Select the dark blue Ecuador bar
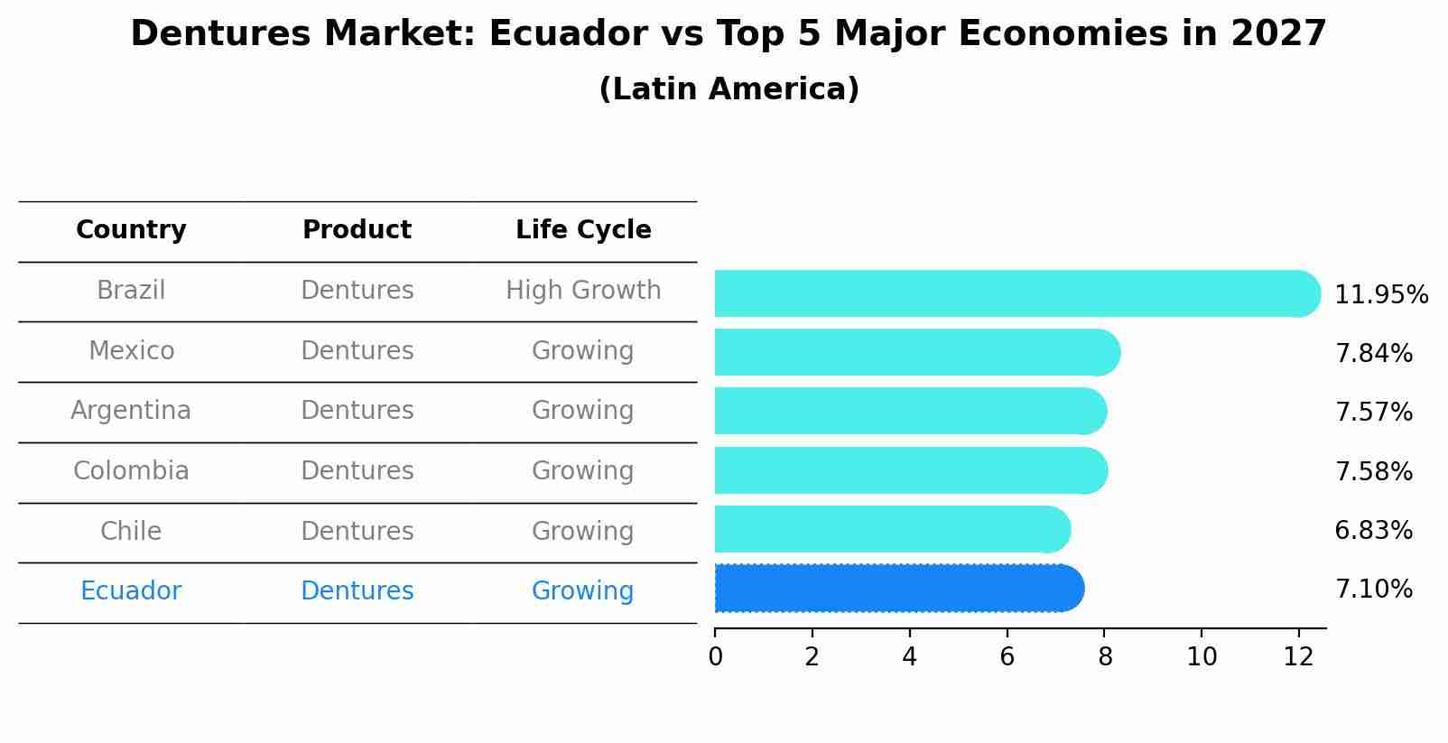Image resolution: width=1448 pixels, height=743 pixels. pyautogui.click(x=898, y=589)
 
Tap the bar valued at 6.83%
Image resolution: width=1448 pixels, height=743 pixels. pyautogui.click(x=891, y=529)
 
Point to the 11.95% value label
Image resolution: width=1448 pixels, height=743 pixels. pyautogui.click(x=1380, y=295)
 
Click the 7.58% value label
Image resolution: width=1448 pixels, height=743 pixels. pyautogui.click(x=1373, y=471)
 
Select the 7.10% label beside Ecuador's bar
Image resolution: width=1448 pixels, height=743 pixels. pyautogui.click(x=1373, y=590)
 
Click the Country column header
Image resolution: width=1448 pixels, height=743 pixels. pyautogui.click(x=131, y=230)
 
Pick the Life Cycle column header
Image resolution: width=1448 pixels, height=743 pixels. pyautogui.click(x=583, y=230)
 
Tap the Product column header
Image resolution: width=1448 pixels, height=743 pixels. pyautogui.click(x=357, y=230)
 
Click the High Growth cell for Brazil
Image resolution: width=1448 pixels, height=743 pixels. pyautogui.click(x=583, y=291)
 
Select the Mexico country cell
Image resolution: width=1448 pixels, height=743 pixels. pyautogui.click(x=131, y=350)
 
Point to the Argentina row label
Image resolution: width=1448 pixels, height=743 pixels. pyautogui.click(x=131, y=411)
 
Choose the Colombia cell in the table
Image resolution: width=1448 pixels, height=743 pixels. pyautogui.click(x=131, y=471)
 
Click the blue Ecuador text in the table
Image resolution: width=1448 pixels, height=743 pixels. pyautogui.click(x=131, y=591)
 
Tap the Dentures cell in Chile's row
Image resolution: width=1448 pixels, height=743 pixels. pyautogui.click(x=357, y=531)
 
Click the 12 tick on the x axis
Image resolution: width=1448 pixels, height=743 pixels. pyautogui.click(x=1298, y=657)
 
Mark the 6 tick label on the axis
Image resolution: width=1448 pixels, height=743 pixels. pyautogui.click(x=1007, y=657)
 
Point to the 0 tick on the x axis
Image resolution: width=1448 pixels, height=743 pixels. pyautogui.click(x=715, y=657)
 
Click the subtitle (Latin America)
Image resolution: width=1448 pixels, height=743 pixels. pyautogui.click(x=729, y=89)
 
